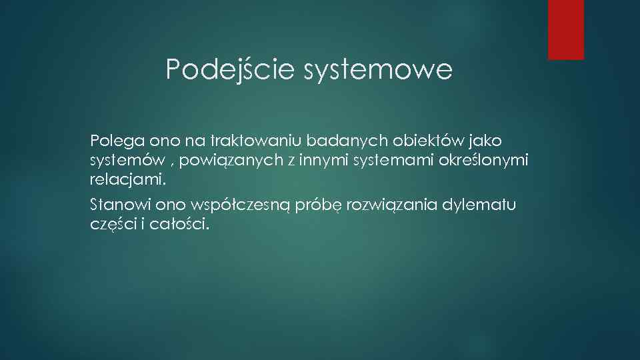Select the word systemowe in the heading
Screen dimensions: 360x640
[377, 69]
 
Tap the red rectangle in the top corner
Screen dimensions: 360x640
[565, 29]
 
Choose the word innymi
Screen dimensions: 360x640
[306, 161]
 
